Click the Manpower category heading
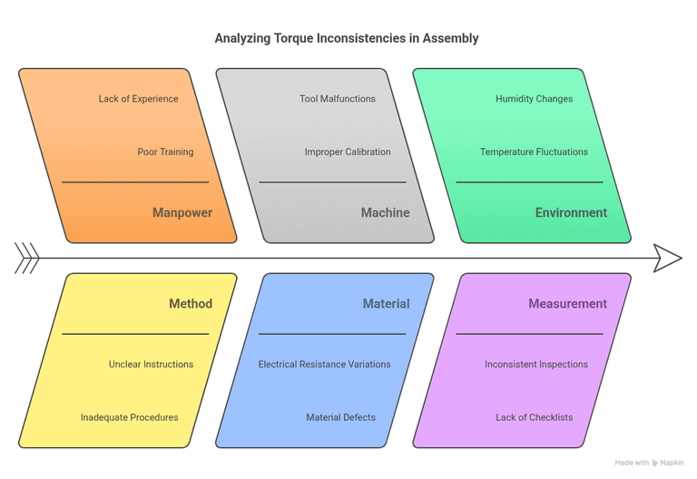point(182,213)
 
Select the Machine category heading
point(385,213)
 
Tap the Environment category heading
point(571,213)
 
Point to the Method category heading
point(191,304)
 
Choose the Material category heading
point(386,304)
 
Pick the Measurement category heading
point(567,304)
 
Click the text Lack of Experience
point(138,99)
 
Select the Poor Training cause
point(165,152)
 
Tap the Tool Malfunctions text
point(337,99)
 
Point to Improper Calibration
point(348,152)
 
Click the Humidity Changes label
point(534,99)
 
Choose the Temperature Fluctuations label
point(534,152)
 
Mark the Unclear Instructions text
point(151,365)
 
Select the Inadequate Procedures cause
point(129,418)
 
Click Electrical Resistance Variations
point(324,365)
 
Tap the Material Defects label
point(340,418)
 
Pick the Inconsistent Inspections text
point(535,365)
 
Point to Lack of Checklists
point(534,418)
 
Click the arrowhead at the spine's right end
point(669,259)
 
